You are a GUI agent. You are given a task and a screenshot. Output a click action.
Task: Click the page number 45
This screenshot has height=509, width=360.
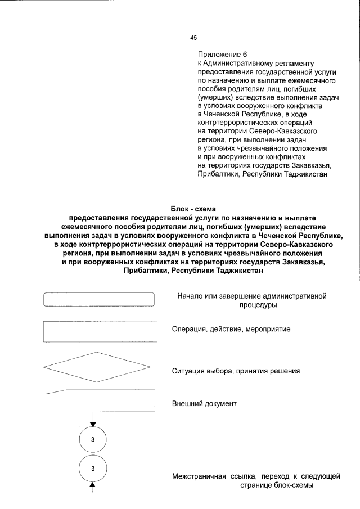tap(193, 38)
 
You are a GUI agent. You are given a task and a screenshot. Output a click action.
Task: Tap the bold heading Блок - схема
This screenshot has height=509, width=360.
tap(193, 209)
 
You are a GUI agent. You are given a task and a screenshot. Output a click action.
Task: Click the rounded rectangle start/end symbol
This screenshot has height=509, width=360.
tap(99, 299)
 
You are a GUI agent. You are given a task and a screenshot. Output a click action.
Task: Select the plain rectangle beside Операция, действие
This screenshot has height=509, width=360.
tap(99, 331)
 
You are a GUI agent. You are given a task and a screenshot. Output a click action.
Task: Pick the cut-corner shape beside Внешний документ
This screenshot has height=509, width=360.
tap(99, 403)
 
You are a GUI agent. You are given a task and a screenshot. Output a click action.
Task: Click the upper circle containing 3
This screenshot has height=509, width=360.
tap(93, 440)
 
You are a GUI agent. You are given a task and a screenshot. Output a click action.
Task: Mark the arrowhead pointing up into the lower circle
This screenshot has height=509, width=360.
tap(93, 484)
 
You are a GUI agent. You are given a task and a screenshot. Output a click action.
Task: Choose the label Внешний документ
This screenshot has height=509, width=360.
tap(204, 404)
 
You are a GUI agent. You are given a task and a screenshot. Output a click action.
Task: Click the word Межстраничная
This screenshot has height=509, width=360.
tap(200, 476)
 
